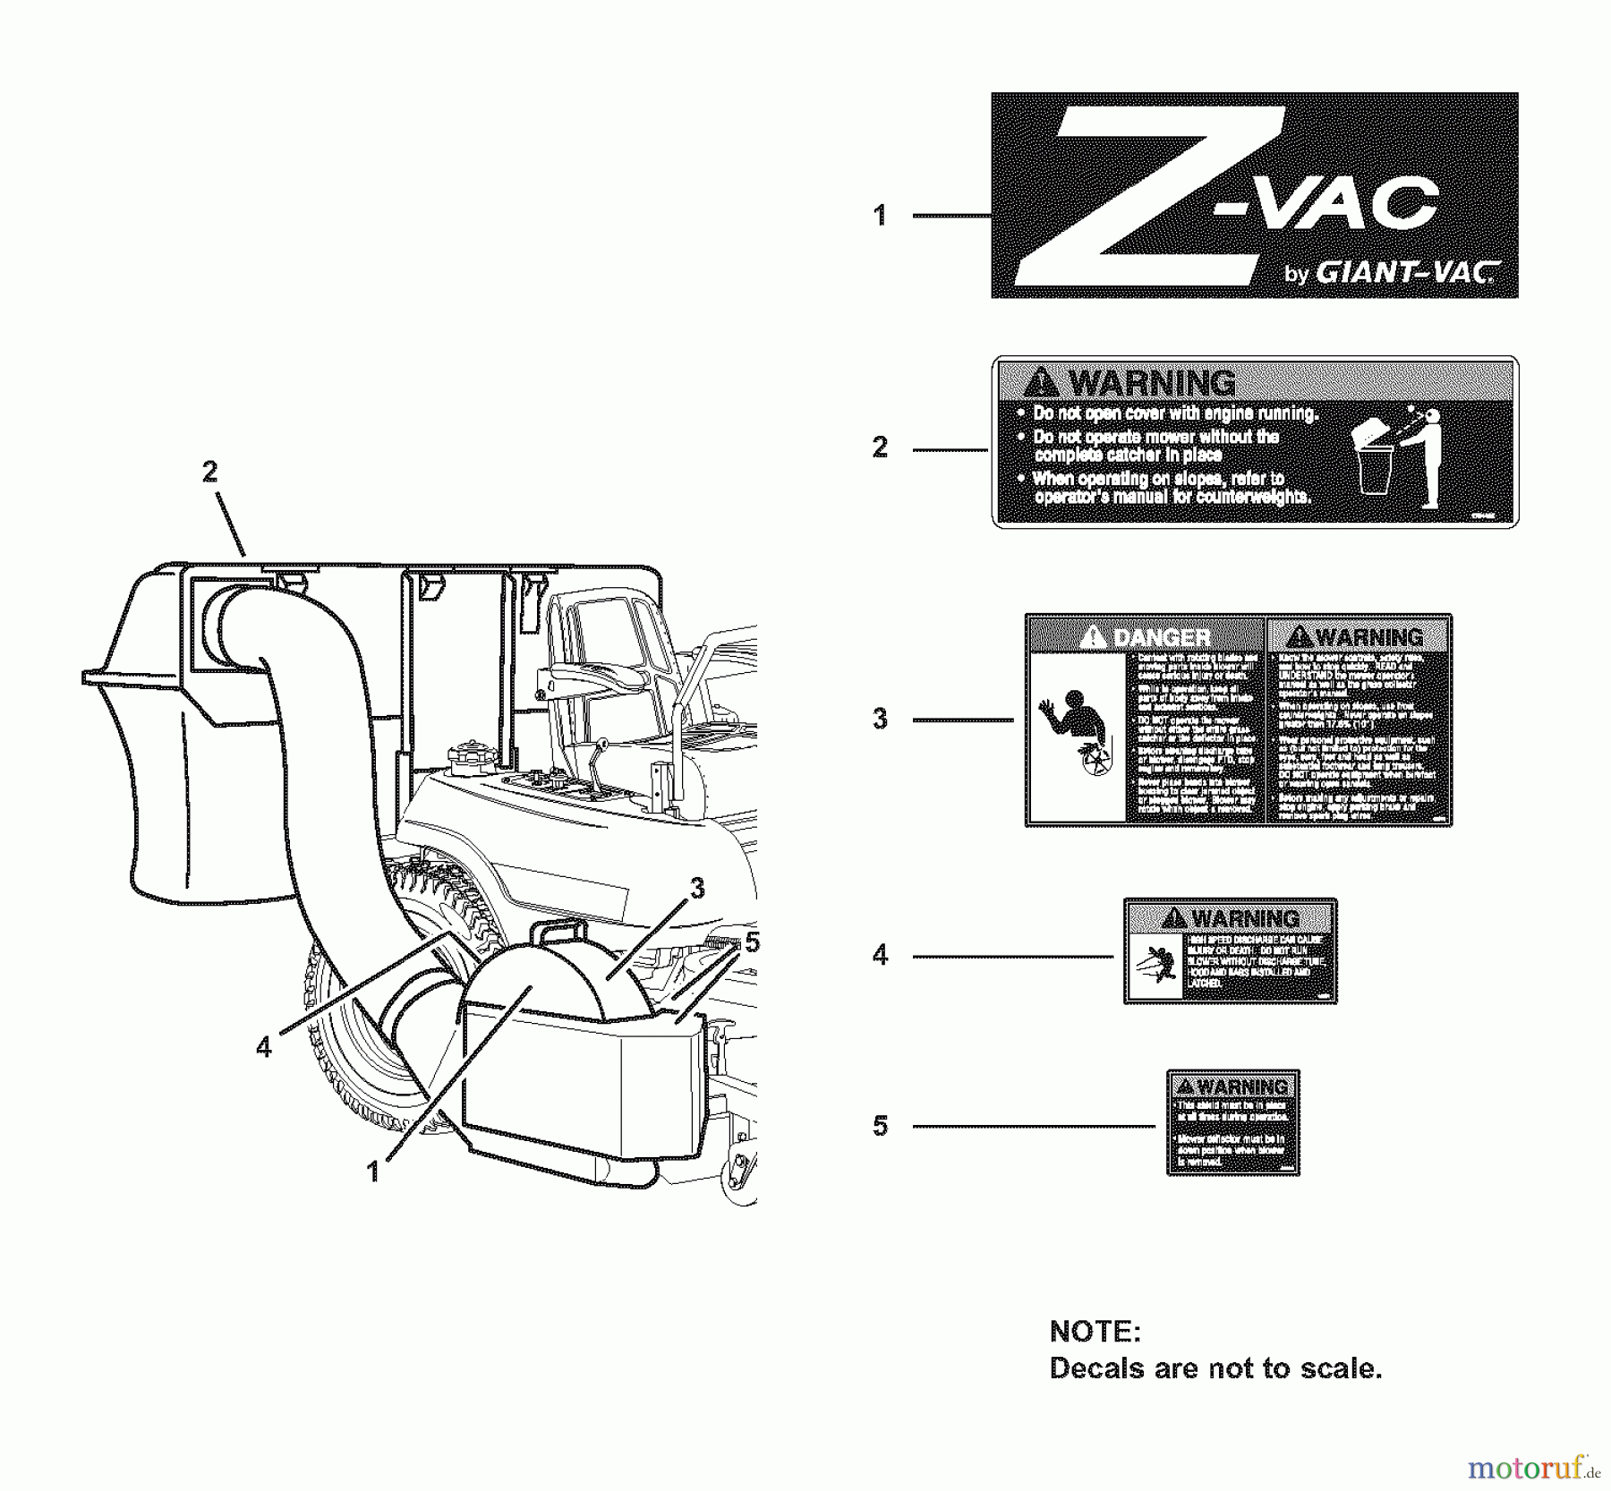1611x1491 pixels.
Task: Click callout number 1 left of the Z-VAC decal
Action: [x=881, y=216]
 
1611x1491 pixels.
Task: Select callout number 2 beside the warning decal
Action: [x=881, y=447]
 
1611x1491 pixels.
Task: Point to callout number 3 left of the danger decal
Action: [x=881, y=719]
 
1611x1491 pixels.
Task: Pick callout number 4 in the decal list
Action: [x=881, y=956]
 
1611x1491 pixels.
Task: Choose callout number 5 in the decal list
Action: [x=881, y=1126]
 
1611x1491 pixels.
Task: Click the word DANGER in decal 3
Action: [x=1161, y=637]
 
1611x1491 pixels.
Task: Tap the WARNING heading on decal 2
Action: [x=1152, y=383]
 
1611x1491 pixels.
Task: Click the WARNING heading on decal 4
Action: [x=1245, y=918]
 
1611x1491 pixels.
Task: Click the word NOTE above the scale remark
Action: [x=1095, y=1332]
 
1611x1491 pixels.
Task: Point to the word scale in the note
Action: [x=1330, y=1368]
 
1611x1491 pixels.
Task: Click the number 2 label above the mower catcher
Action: [x=209, y=472]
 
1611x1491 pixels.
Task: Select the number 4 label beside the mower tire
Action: [x=263, y=1046]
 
